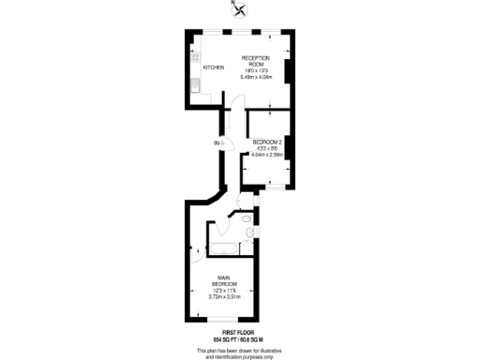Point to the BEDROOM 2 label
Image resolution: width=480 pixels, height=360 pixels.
point(268,142)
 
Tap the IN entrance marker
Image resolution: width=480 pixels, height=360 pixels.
point(217,142)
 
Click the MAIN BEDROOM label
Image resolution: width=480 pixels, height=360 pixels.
point(225,281)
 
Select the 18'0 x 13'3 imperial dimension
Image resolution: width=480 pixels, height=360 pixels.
point(256,70)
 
